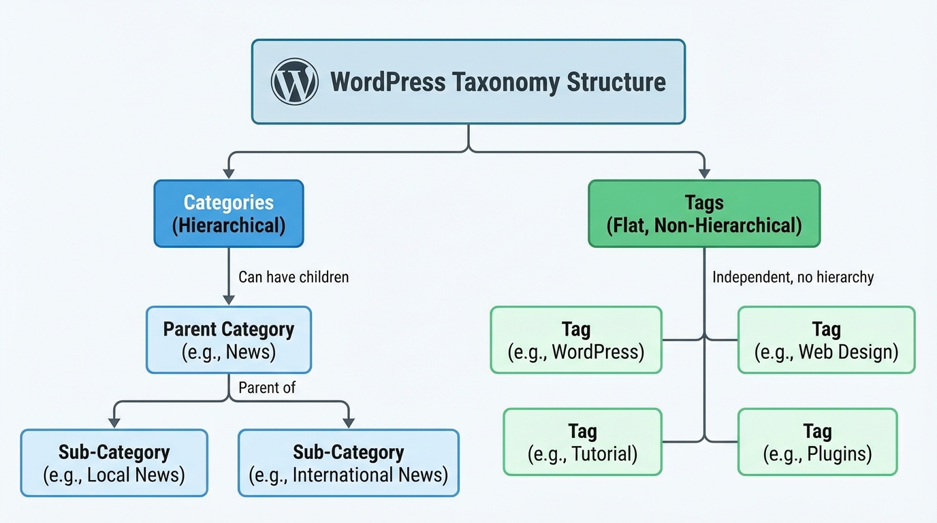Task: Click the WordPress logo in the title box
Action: [294, 82]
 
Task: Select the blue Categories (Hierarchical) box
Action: [229, 213]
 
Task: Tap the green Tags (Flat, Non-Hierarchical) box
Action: [704, 213]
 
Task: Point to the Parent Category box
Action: [229, 340]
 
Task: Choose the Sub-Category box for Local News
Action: [114, 462]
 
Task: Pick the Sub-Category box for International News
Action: [349, 462]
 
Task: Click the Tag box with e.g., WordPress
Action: [576, 340]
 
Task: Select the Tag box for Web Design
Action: [826, 340]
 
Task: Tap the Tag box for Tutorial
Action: [582, 441]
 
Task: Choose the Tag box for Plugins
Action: [817, 441]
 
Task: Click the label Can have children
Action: [293, 277]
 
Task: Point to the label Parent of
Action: [267, 387]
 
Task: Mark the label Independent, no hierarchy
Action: [793, 277]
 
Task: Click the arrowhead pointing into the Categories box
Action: [229, 174]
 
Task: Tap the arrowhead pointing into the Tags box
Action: [704, 174]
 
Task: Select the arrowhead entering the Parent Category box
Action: [229, 300]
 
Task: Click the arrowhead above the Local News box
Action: [114, 423]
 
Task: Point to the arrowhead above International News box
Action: [349, 423]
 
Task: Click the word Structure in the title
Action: [616, 82]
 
